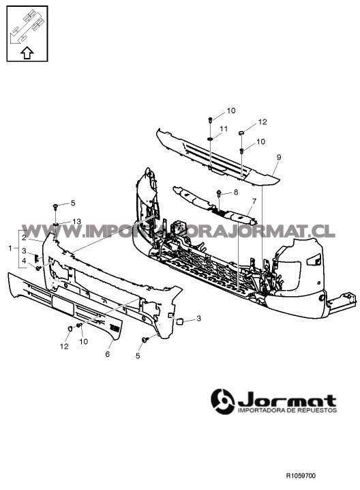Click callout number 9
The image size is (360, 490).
point(279,157)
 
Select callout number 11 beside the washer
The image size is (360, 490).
point(224,129)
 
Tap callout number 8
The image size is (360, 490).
point(236,192)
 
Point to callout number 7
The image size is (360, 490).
point(254,201)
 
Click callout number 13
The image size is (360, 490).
point(76,221)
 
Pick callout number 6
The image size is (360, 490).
point(108,354)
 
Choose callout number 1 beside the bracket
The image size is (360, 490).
point(10,248)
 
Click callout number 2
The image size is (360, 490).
point(24,237)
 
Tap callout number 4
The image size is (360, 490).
point(24,261)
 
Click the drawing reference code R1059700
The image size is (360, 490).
point(301,476)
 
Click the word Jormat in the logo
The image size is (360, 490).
point(287,400)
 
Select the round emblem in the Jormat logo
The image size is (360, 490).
point(223,401)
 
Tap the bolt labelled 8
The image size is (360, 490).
point(219,193)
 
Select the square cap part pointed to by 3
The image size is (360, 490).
point(180,321)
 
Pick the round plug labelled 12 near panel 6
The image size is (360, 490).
point(70,328)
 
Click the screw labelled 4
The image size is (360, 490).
point(38,268)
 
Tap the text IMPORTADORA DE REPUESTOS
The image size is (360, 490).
point(287,410)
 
